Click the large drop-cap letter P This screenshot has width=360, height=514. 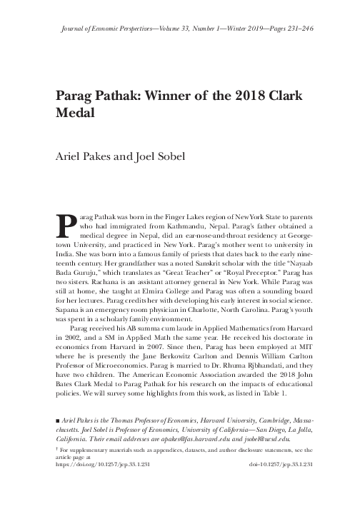65,223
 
